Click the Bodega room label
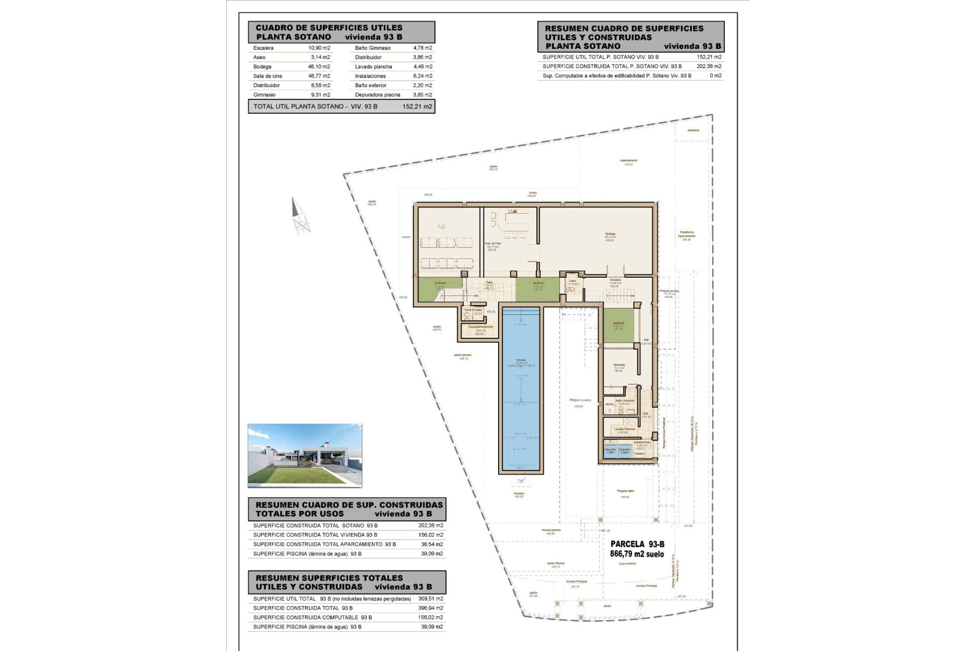(x=610, y=234)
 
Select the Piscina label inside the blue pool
(x=521, y=360)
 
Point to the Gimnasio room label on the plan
(x=619, y=365)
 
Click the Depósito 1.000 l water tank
(x=611, y=451)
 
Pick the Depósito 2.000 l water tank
(x=625, y=451)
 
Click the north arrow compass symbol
(x=300, y=217)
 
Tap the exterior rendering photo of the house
(x=304, y=455)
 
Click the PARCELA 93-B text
(x=637, y=545)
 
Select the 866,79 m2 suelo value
(x=636, y=554)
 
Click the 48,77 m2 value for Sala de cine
(x=319, y=76)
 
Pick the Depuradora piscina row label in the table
(x=378, y=95)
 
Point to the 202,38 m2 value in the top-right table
(x=710, y=66)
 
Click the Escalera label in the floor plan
(x=615, y=280)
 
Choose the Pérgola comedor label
(x=578, y=400)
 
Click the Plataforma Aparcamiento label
(x=686, y=234)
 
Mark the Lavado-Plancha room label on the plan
(x=624, y=429)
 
